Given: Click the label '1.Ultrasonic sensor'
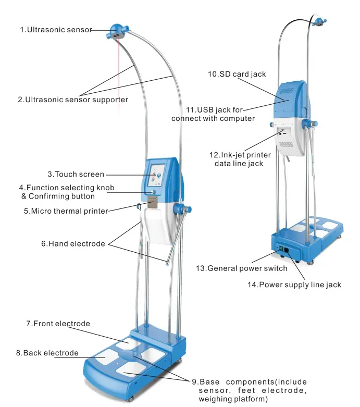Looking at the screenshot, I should pos(56,30).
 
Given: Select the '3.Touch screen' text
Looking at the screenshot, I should pos(76,174).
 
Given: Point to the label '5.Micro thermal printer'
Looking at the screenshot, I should pos(66,211).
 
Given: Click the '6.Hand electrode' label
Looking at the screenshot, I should pos(73,243).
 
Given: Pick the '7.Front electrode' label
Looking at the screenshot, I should pos(58,324).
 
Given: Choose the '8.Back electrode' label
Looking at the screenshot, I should pos(47,353).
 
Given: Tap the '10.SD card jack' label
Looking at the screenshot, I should pos(237,74).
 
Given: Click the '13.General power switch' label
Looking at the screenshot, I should pos(241,268).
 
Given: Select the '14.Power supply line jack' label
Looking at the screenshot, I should pos(294,285).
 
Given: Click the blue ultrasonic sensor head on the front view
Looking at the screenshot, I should pos(117,31).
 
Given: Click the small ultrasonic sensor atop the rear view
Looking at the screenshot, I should pos(319,21).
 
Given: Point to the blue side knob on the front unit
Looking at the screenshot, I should pos(181,209).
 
